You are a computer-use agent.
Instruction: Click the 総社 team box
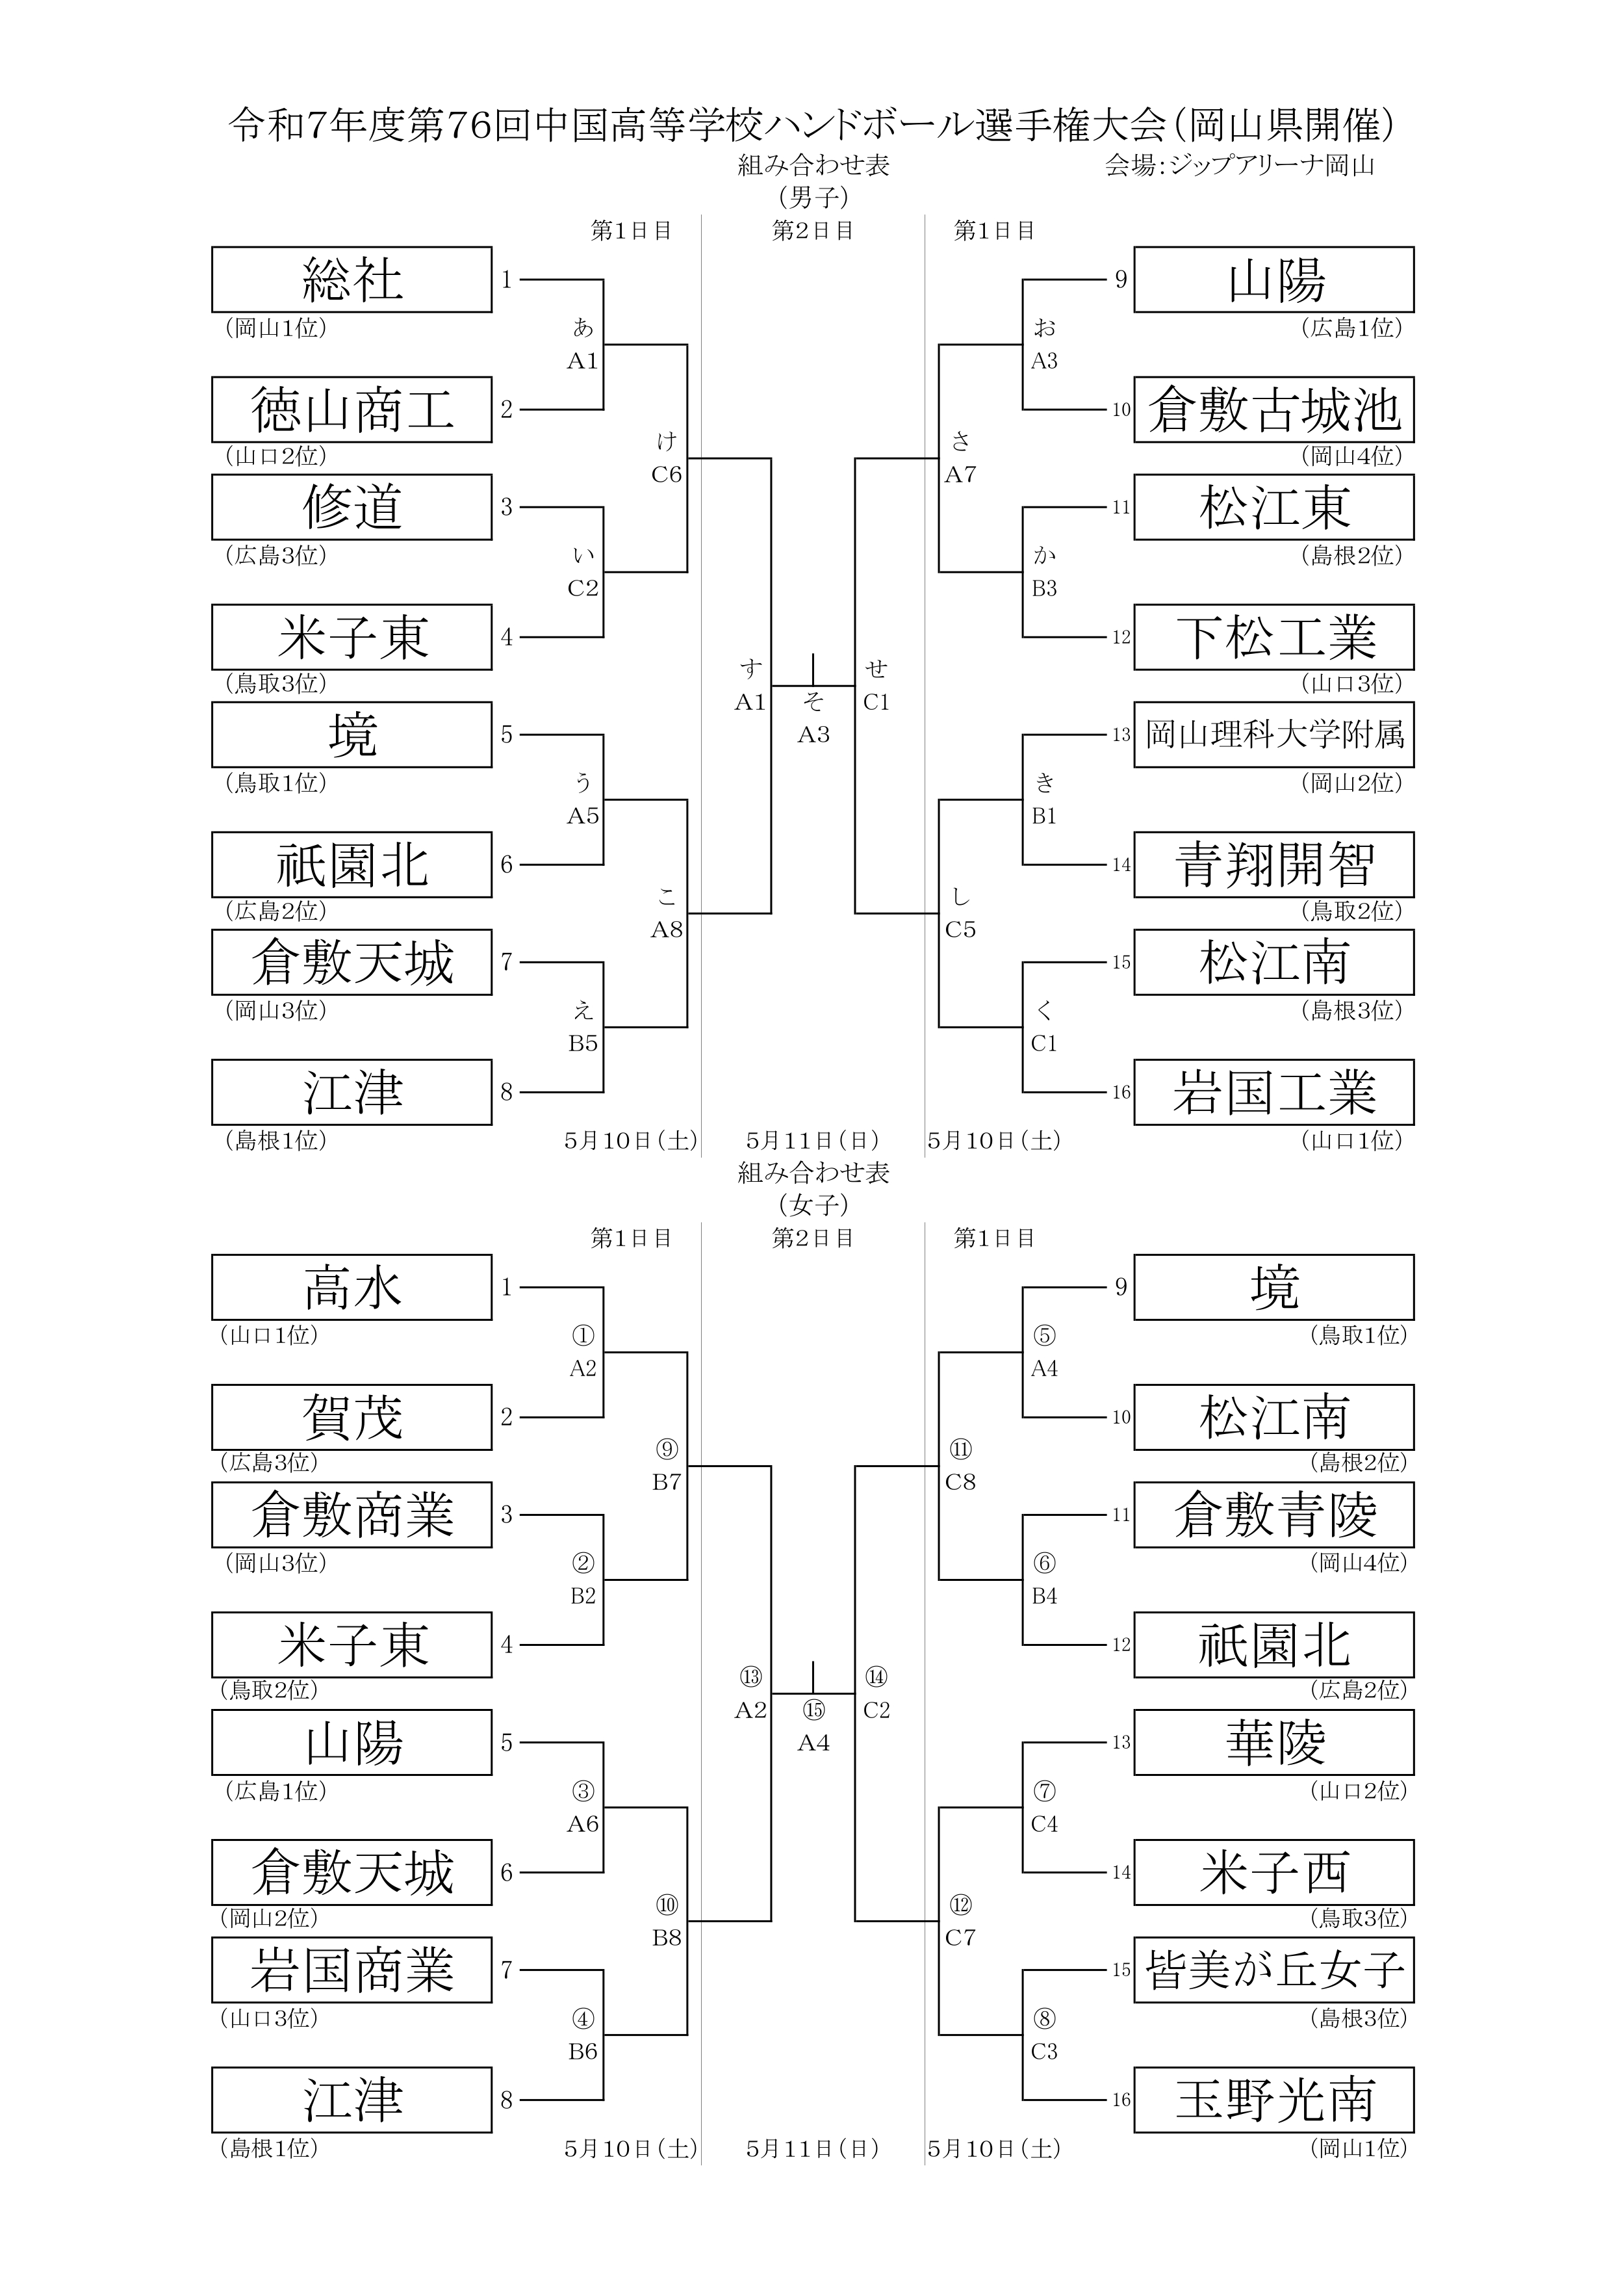click(x=352, y=279)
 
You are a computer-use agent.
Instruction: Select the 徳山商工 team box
click(x=352, y=410)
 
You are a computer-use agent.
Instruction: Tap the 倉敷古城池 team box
click(x=1274, y=410)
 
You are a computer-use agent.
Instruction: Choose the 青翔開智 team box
click(x=1274, y=865)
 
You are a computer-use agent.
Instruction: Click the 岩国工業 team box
click(x=1274, y=1092)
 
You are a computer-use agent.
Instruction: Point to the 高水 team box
click(x=352, y=1288)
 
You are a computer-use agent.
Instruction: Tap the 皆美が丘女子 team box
click(x=1274, y=1970)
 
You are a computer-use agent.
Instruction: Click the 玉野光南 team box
click(x=1274, y=2100)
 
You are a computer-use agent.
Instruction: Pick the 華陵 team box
click(x=1274, y=1743)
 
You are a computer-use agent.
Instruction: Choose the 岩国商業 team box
click(x=352, y=1970)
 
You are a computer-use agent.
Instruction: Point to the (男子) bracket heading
click(x=813, y=198)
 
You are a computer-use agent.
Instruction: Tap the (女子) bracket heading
click(x=813, y=1205)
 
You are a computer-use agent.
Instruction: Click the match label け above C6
click(x=667, y=441)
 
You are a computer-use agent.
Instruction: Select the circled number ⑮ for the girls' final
click(x=813, y=1710)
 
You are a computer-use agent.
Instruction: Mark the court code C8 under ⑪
click(x=960, y=1481)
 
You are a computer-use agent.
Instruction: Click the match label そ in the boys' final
click(x=813, y=701)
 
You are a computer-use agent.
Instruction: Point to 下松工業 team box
click(x=1274, y=637)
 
